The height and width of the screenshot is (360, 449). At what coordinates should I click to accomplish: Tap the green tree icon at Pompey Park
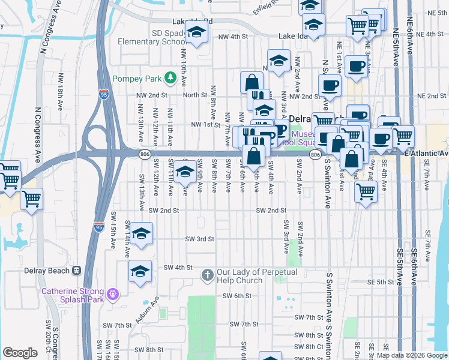click(170, 77)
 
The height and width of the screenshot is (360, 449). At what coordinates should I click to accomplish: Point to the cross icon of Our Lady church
click(208, 275)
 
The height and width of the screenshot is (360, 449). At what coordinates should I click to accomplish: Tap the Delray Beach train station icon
click(76, 271)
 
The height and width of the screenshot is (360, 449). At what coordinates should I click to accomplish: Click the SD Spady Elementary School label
click(152, 37)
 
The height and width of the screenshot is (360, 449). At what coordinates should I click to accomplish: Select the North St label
click(195, 95)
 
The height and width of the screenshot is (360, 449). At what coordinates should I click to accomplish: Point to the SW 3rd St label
click(200, 239)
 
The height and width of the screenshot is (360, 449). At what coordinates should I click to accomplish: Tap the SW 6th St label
click(236, 296)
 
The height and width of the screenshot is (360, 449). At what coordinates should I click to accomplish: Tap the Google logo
click(20, 353)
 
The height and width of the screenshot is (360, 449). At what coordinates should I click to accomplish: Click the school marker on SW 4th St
click(140, 272)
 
